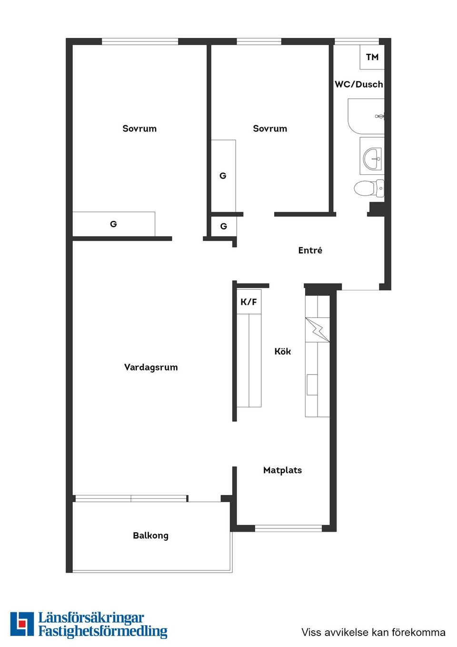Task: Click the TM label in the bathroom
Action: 372,57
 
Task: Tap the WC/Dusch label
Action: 359,84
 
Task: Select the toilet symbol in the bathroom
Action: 369,188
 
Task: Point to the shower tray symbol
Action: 366,116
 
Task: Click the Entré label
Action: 310,250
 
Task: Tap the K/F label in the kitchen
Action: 248,302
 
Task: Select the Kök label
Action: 282,351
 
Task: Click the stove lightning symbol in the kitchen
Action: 318,330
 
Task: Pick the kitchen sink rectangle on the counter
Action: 312,385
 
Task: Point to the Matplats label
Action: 282,470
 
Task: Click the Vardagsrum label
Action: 151,367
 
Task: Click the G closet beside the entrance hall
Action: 224,226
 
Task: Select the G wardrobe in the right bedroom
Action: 223,176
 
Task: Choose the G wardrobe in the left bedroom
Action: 113,224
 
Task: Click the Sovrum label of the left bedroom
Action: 139,129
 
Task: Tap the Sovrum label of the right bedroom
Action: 270,129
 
